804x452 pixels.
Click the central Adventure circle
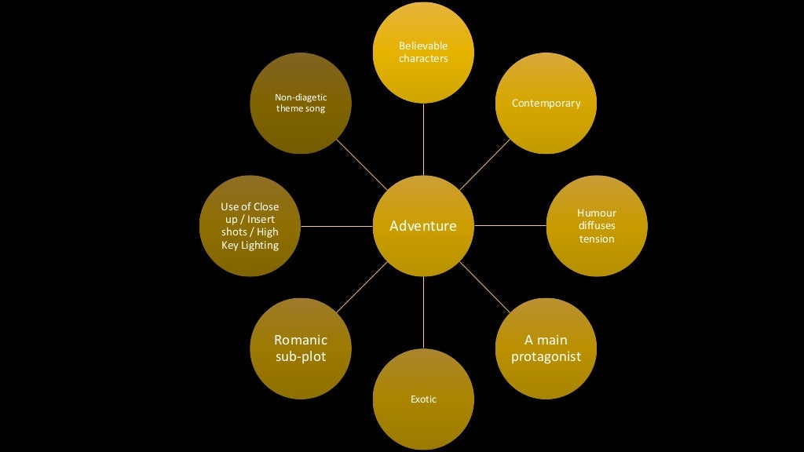[423, 226]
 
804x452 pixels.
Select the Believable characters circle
[423, 52]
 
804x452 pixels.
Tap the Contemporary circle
[546, 103]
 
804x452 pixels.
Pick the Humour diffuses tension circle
[597, 226]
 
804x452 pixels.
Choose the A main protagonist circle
[546, 348]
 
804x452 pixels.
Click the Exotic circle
[423, 399]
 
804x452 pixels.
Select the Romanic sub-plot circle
[300, 348]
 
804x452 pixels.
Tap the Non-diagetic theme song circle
[300, 103]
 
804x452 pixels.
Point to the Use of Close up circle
[250, 226]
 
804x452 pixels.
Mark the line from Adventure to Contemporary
[484, 165]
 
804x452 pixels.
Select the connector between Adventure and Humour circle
[510, 226]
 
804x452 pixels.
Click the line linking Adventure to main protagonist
[484, 287]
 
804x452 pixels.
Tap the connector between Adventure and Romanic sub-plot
[362, 287]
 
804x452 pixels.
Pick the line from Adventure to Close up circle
[336, 226]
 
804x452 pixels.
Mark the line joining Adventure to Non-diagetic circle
[362, 165]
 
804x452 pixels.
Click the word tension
[597, 239]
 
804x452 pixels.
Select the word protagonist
[546, 357]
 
